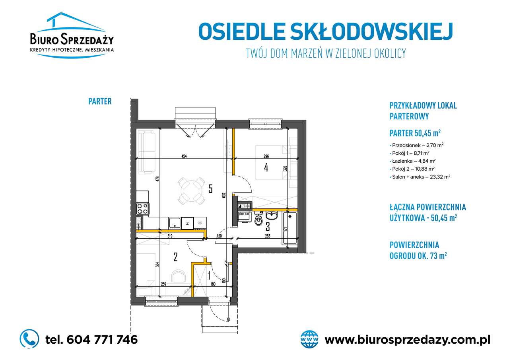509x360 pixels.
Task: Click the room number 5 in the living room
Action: (x=210, y=188)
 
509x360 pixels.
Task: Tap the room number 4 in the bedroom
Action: (x=266, y=167)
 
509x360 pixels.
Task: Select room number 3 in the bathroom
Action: (x=268, y=227)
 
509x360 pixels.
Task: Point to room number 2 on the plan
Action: (x=175, y=257)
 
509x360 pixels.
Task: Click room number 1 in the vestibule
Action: (x=209, y=274)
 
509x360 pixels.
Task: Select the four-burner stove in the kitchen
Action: (x=143, y=208)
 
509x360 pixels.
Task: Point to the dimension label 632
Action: (x=224, y=195)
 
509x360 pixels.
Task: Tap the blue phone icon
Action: (x=29, y=339)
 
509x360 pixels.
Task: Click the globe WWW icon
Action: (x=310, y=339)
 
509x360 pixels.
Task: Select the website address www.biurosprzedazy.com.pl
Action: (x=407, y=340)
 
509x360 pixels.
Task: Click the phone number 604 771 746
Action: (x=92, y=339)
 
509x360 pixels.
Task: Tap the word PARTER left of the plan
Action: (x=100, y=101)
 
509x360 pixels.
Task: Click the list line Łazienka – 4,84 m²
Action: (x=414, y=161)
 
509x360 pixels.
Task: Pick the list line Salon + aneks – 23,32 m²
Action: (x=421, y=177)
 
